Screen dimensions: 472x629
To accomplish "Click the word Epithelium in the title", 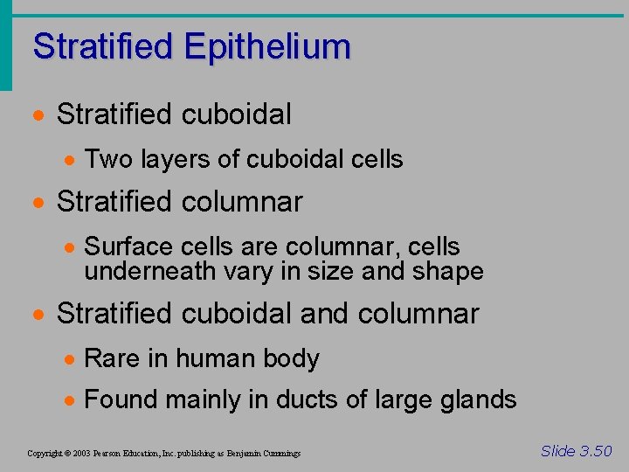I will [267, 46].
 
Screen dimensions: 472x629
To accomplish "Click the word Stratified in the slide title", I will [102, 46].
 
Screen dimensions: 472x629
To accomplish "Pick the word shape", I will [446, 271].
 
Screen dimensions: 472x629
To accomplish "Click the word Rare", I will [109, 358].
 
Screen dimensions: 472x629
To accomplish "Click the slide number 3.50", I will [594, 451].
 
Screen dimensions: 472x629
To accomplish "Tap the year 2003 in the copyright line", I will [82, 454].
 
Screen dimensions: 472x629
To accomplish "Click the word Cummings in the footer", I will [280, 454].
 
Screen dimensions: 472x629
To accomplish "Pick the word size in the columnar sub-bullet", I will [335, 271].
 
